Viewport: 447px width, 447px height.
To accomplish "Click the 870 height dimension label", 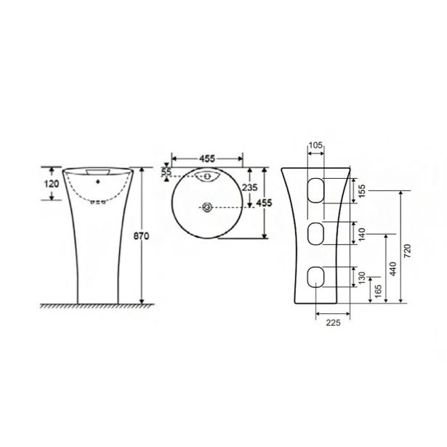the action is point(141,236).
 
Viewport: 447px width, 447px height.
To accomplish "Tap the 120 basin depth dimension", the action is point(52,184).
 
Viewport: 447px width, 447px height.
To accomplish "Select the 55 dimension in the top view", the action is point(166,172).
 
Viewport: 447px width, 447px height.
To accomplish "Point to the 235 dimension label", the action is point(249,188).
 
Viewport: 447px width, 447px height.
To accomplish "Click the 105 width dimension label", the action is point(315,145).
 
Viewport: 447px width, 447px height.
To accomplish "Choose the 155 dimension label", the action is point(361,190).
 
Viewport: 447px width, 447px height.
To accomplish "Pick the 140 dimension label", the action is point(361,234).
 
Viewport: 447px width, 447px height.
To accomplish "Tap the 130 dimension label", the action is point(361,278).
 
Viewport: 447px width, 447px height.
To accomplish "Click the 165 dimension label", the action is point(378,291).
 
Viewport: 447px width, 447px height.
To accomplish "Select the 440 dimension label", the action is point(392,269).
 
